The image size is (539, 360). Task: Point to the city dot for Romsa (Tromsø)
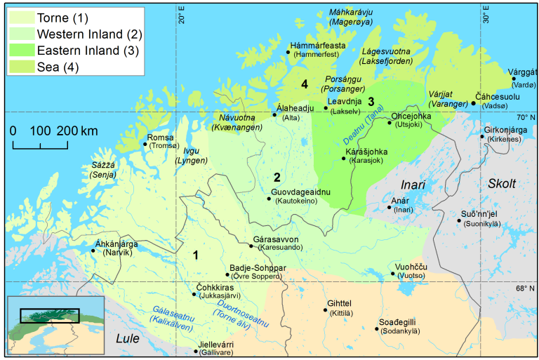[145, 144]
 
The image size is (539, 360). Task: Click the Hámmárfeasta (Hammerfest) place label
[317, 49]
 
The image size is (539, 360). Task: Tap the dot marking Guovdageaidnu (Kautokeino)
[268, 199]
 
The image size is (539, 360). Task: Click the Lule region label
[128, 339]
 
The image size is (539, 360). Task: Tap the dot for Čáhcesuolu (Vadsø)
[474, 103]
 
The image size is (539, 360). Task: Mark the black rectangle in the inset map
[49, 315]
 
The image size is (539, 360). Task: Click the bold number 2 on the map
[277, 178]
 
